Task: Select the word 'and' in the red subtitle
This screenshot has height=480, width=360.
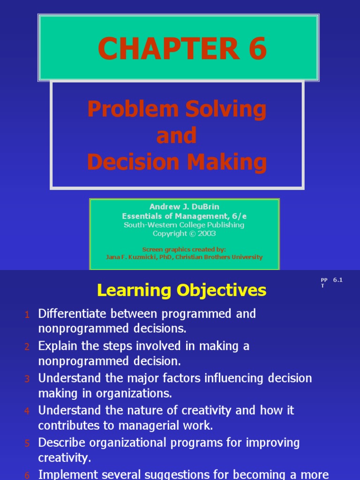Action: point(177,136)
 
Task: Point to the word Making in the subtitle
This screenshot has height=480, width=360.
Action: point(228,162)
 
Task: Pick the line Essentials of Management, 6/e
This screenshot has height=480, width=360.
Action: point(184,216)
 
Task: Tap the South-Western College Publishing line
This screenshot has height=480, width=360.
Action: point(184,225)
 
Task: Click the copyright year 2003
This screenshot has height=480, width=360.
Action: point(207,233)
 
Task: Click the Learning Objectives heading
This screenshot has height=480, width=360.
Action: point(181,291)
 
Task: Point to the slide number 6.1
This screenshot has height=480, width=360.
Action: point(338,280)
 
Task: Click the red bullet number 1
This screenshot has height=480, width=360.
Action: point(27,315)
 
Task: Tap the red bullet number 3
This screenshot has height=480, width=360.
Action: point(27,379)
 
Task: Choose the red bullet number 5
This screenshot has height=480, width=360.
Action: point(27,443)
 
